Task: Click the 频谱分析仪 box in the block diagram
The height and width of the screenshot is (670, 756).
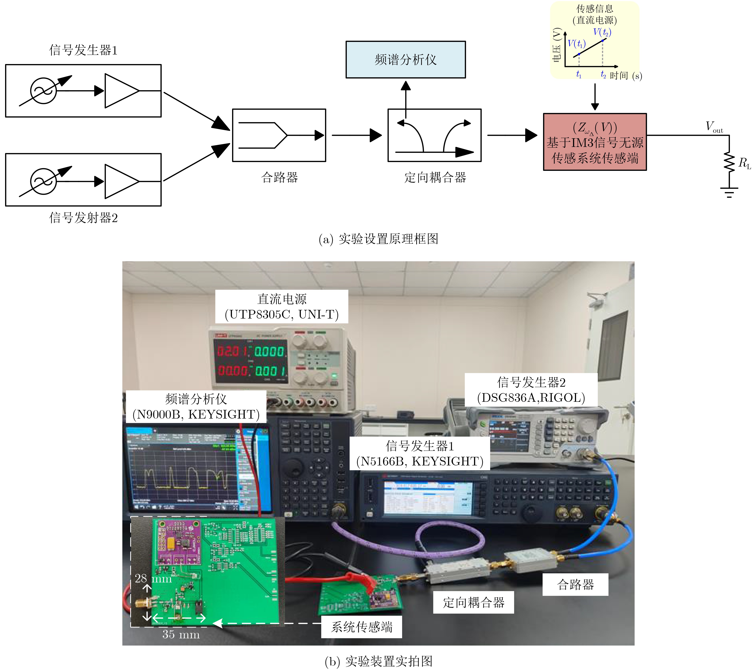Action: pos(405,60)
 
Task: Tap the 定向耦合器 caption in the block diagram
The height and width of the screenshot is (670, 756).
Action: pos(435,178)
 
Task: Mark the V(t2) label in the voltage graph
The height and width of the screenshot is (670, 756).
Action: pos(602,32)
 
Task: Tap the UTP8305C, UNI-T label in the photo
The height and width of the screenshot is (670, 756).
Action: pos(282,314)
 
